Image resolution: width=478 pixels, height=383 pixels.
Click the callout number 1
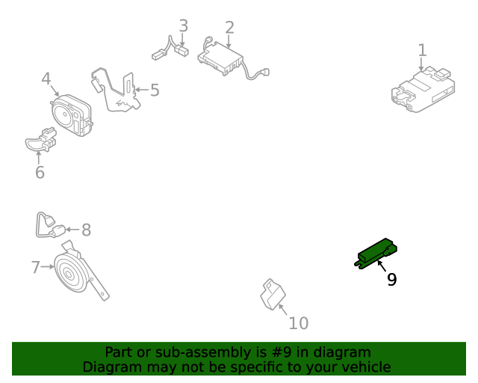[x=422, y=50]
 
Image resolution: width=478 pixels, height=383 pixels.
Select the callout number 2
[x=229, y=28]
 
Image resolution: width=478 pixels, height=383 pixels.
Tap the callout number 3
[x=183, y=25]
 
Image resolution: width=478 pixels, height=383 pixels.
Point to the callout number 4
[x=46, y=79]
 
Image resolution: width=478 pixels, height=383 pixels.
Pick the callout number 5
[x=155, y=90]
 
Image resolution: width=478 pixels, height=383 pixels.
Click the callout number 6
[x=40, y=172]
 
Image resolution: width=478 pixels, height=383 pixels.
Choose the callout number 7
[x=36, y=267]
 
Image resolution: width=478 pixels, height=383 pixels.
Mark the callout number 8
[x=87, y=230]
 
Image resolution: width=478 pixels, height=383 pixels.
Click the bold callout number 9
[x=391, y=279]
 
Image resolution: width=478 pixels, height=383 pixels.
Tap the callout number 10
[x=299, y=323]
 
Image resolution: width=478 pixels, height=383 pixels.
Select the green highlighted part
[x=376, y=254]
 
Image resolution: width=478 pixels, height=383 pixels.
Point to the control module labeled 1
[x=423, y=90]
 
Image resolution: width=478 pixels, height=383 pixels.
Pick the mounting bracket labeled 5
[x=117, y=91]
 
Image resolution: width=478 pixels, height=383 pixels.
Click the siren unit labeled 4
[x=72, y=115]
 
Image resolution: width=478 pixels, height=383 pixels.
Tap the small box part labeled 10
[x=273, y=295]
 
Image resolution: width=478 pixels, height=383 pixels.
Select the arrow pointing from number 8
[x=72, y=230]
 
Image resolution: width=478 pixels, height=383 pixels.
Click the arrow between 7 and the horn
[x=48, y=266]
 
